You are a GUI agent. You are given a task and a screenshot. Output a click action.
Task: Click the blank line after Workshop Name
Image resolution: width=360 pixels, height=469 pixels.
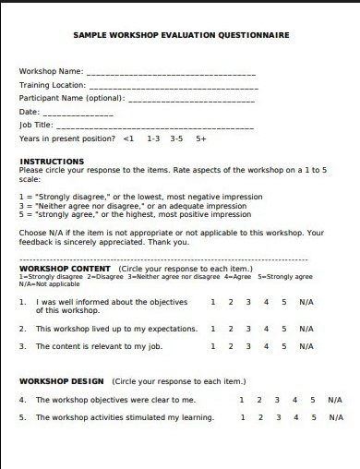(x=171, y=72)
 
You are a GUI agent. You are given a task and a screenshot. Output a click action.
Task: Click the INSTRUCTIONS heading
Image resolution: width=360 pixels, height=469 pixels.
(x=52, y=162)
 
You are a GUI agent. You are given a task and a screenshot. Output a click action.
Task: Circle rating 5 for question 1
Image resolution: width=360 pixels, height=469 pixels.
(x=284, y=302)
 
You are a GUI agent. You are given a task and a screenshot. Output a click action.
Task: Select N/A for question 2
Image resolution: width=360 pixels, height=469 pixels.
(x=306, y=329)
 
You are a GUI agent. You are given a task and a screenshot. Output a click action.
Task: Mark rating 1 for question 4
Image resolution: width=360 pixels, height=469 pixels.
(x=242, y=400)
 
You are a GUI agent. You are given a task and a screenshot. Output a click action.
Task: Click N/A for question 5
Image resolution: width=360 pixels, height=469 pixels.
(x=334, y=417)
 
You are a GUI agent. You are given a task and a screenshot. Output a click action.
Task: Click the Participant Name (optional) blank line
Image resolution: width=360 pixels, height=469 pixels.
(x=191, y=99)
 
